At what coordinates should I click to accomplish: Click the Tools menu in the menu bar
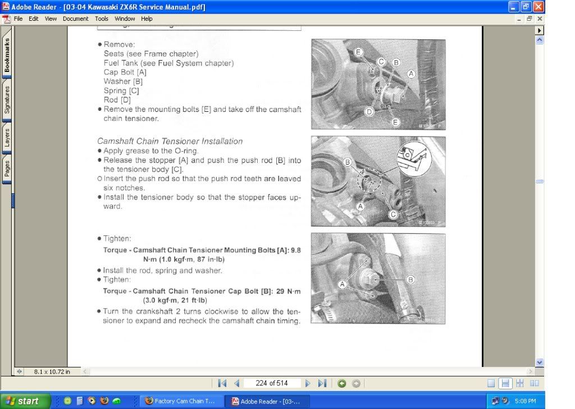tap(102, 19)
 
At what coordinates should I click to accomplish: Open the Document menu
tap(75, 19)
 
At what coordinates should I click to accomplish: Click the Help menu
tap(147, 19)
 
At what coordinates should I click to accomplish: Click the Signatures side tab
tap(7, 100)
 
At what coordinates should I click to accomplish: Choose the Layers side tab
tap(7, 138)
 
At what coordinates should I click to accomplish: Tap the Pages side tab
tap(7, 169)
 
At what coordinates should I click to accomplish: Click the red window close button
tap(539, 7)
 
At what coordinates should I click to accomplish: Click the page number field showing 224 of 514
tap(271, 383)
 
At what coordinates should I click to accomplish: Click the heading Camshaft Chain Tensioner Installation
tap(170, 142)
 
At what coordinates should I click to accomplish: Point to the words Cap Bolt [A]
tap(125, 72)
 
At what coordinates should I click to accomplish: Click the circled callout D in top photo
tap(369, 112)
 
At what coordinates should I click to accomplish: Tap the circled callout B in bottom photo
tap(410, 279)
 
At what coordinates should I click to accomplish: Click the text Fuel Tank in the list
tap(121, 63)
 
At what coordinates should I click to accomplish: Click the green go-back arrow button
tap(342, 383)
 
